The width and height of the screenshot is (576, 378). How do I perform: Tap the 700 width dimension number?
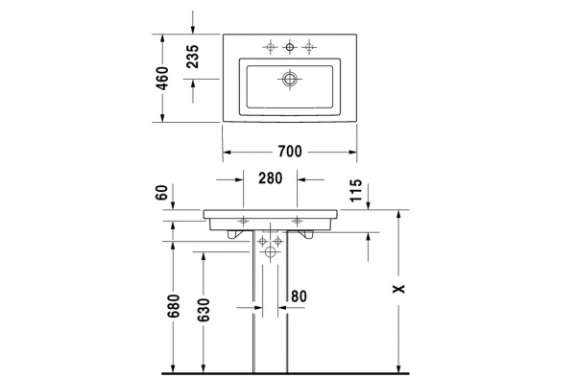click(x=291, y=152)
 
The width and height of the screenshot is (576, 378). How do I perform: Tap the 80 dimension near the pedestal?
click(x=299, y=295)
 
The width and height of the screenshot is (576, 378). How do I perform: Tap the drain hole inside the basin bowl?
click(x=290, y=79)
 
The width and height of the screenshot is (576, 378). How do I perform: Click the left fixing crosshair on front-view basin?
click(x=243, y=220)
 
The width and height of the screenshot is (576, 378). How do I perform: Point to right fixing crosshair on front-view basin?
click(x=298, y=220)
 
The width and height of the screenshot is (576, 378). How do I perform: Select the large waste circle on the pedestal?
click(x=270, y=251)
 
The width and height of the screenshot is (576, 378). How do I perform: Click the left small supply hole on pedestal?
click(x=260, y=240)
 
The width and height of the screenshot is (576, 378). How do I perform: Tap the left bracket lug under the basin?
click(x=231, y=231)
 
